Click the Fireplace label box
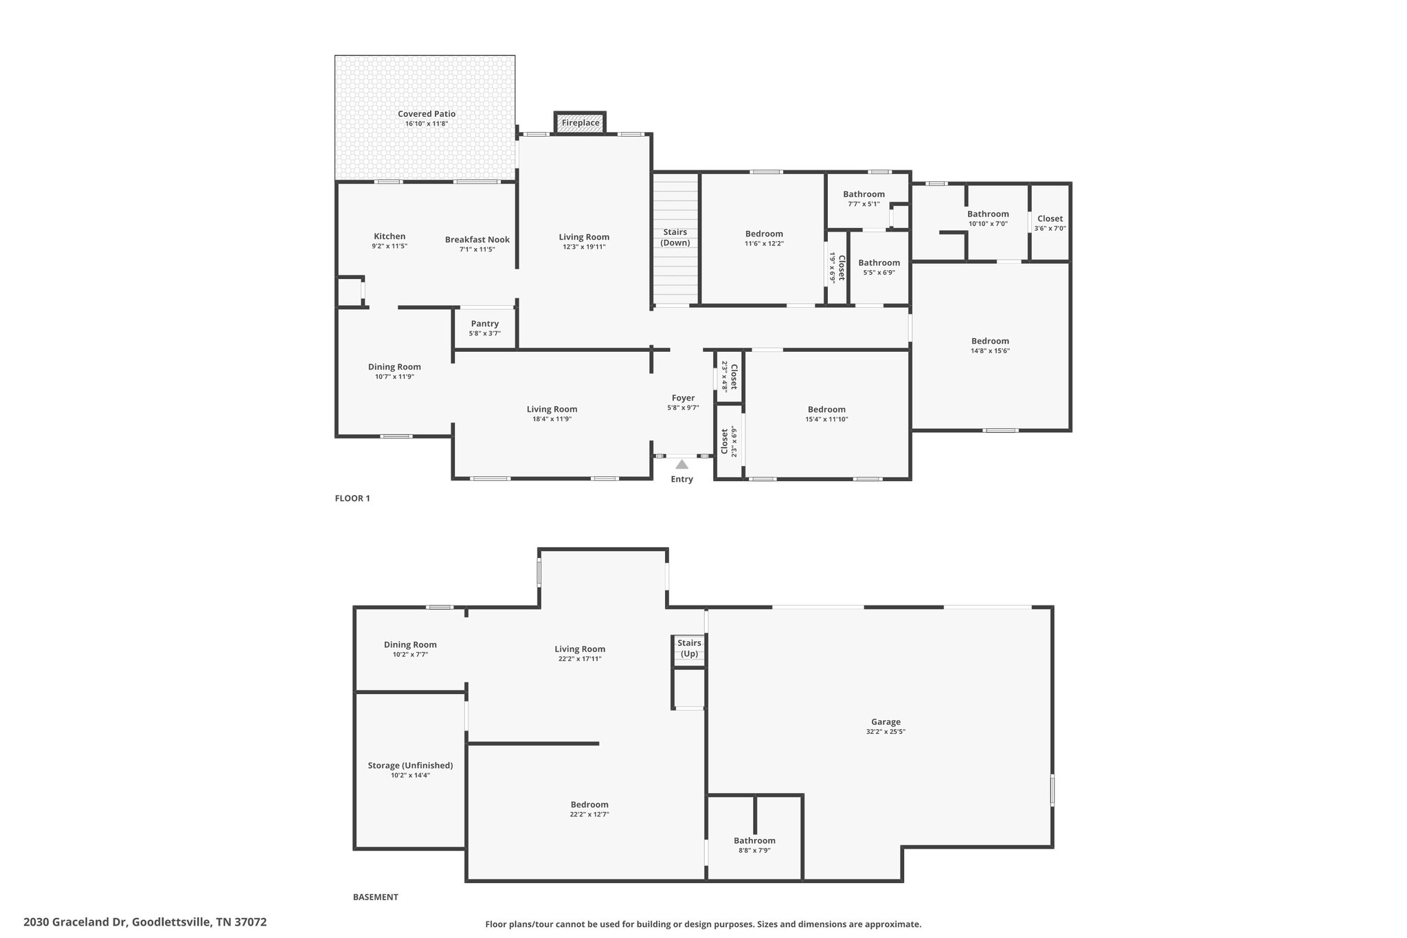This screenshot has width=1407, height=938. (581, 123)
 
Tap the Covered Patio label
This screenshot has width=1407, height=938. (427, 114)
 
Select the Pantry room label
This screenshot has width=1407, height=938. (484, 324)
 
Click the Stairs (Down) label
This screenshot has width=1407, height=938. (675, 237)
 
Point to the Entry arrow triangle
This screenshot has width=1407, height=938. (682, 465)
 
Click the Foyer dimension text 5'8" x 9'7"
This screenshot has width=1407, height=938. (683, 408)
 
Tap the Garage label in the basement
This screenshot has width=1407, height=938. (886, 722)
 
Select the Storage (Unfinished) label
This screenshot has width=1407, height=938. (410, 765)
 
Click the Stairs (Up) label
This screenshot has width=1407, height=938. (689, 648)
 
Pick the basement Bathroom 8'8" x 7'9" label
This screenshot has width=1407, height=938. (754, 840)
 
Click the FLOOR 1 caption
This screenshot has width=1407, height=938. (352, 498)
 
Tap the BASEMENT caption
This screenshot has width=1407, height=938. (375, 897)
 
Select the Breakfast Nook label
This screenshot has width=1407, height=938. (477, 240)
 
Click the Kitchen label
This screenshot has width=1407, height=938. (390, 236)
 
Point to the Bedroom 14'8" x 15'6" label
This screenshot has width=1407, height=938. (990, 341)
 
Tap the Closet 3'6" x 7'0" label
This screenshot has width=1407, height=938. (1050, 219)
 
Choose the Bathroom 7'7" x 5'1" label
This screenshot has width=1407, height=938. (864, 194)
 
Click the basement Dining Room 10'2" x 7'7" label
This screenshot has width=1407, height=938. (410, 645)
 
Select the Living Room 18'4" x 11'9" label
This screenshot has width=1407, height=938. (552, 409)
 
